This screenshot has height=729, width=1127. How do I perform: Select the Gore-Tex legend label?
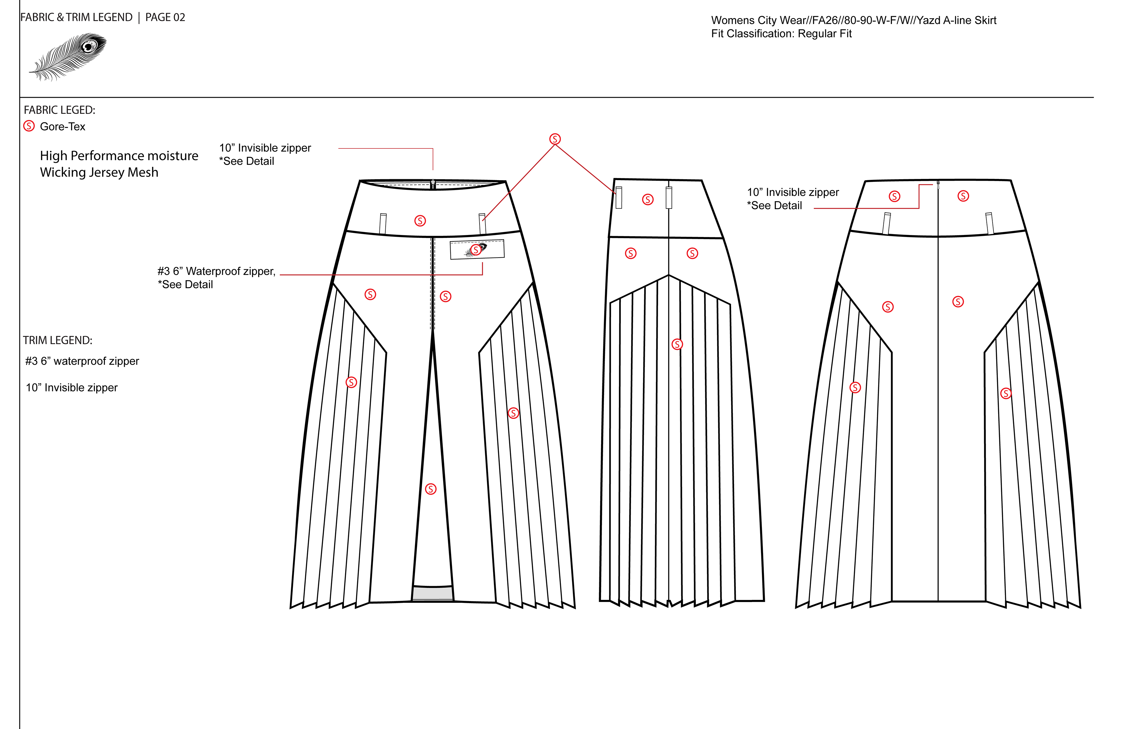pos(63,126)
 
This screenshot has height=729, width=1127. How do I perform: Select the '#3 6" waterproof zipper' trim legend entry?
pos(82,361)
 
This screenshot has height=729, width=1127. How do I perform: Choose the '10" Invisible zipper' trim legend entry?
pos(72,388)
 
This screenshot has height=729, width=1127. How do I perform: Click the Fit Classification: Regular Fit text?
pos(781,34)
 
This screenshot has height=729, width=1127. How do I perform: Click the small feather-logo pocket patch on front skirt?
pos(477,249)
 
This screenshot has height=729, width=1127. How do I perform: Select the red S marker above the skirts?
pos(555,139)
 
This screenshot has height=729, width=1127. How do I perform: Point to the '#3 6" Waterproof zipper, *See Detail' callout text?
pos(216,278)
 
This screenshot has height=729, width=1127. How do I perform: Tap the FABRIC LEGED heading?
pos(59,110)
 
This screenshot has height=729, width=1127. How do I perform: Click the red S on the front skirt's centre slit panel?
pos(431,489)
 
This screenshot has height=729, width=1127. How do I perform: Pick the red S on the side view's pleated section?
pos(677,344)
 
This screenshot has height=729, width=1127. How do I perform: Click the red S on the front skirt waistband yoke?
pos(420,221)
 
